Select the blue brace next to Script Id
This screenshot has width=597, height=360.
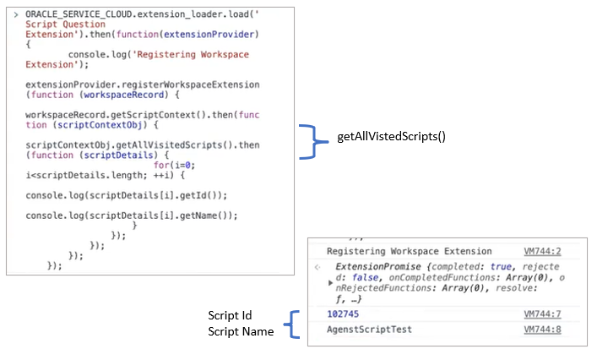291,324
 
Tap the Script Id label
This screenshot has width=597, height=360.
229,316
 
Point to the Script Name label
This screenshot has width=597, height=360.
241,332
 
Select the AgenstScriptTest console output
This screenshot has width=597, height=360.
369,329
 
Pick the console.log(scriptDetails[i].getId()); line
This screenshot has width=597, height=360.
127,194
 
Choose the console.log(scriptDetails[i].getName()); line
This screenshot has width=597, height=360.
132,215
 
